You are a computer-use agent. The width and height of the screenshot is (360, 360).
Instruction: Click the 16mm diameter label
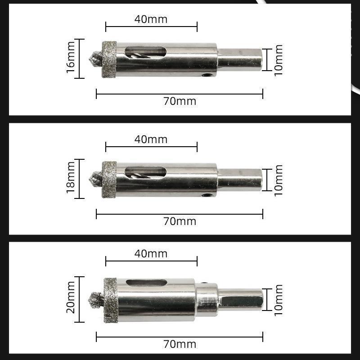coord(71,58)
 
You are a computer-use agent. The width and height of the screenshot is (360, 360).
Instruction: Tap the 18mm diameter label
coord(71,179)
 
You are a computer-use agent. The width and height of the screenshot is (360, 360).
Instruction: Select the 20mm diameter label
coord(71,299)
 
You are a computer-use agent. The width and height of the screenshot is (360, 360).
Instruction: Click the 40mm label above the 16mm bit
coord(151,19)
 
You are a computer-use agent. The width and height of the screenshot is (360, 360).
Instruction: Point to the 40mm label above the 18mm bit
coord(151,139)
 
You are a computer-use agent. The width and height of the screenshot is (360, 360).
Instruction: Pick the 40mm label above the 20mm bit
coord(151,254)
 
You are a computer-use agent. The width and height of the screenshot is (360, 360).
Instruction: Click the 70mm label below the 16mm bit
coord(180,101)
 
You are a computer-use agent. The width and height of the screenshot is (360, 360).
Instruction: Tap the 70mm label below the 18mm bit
coord(180,221)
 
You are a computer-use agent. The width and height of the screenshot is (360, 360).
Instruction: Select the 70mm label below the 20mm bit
coord(180,344)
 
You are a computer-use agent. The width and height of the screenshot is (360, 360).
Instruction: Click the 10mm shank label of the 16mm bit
coord(279,59)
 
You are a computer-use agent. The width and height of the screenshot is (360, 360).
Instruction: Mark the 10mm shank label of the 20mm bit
coord(279,299)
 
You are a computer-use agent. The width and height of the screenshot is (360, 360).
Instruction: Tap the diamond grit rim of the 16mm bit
coord(109,58)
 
